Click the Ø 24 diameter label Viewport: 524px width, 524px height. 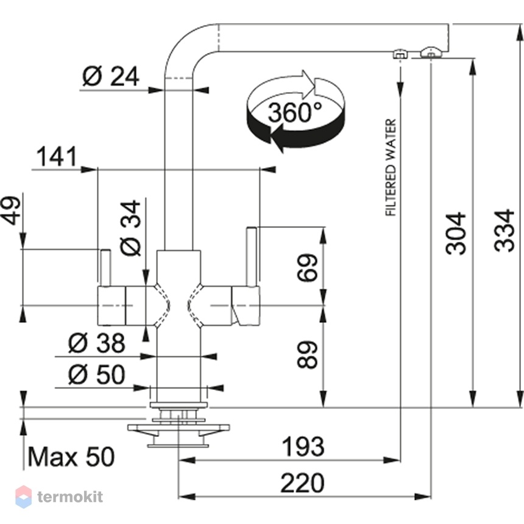[111, 76]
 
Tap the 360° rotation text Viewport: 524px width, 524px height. [295, 112]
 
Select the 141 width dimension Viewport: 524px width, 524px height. [57, 157]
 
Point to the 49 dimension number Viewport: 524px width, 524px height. [11, 211]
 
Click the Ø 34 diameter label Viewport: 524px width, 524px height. [130, 228]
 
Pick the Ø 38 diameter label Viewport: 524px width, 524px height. [97, 343]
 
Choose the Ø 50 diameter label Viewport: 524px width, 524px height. [97, 374]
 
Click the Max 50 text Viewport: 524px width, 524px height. [71, 457]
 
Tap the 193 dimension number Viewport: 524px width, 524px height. [303, 447]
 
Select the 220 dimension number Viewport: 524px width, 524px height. [302, 483]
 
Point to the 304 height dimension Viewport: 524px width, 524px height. [456, 233]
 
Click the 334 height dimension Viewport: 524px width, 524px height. [504, 230]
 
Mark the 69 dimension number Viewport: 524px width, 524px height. [307, 267]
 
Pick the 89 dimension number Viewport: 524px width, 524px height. [307, 355]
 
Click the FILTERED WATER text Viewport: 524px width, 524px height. [391, 168]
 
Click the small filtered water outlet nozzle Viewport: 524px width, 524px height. [400, 54]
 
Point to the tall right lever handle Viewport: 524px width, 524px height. [252, 257]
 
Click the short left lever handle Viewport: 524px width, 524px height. [105, 267]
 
